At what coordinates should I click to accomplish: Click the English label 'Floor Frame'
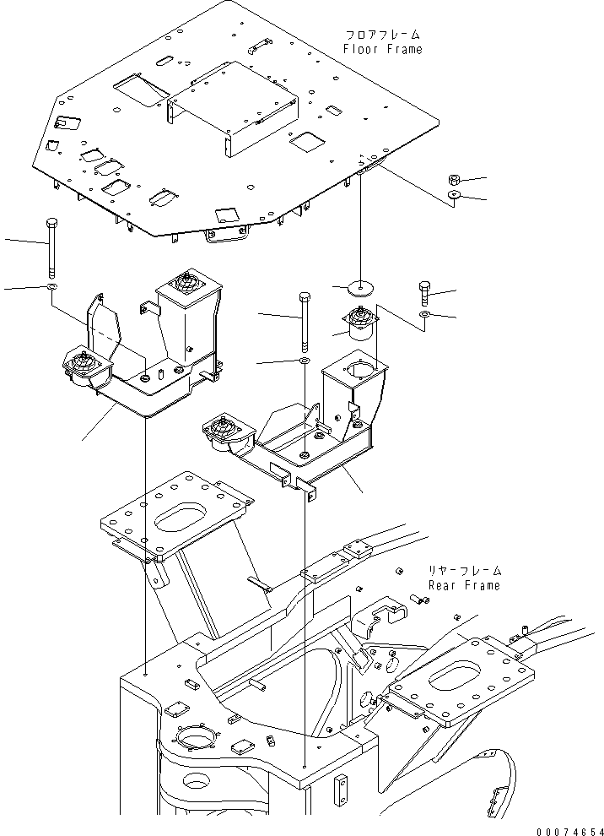click(382, 50)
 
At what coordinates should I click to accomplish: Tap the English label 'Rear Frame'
click(464, 585)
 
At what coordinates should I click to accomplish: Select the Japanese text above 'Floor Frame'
click(382, 35)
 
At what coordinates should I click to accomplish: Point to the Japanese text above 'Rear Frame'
click(465, 571)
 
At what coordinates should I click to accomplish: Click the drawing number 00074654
click(569, 831)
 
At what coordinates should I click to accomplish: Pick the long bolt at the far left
click(51, 248)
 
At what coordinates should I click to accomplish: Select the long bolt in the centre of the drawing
click(305, 322)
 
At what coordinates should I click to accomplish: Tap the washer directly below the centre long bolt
click(305, 362)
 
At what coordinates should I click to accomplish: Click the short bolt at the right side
click(424, 293)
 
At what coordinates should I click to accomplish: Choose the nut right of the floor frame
click(455, 179)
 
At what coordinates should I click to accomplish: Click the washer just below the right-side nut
click(455, 194)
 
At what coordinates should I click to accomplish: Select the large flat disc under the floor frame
click(360, 288)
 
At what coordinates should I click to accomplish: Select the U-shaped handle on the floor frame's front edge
click(227, 235)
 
